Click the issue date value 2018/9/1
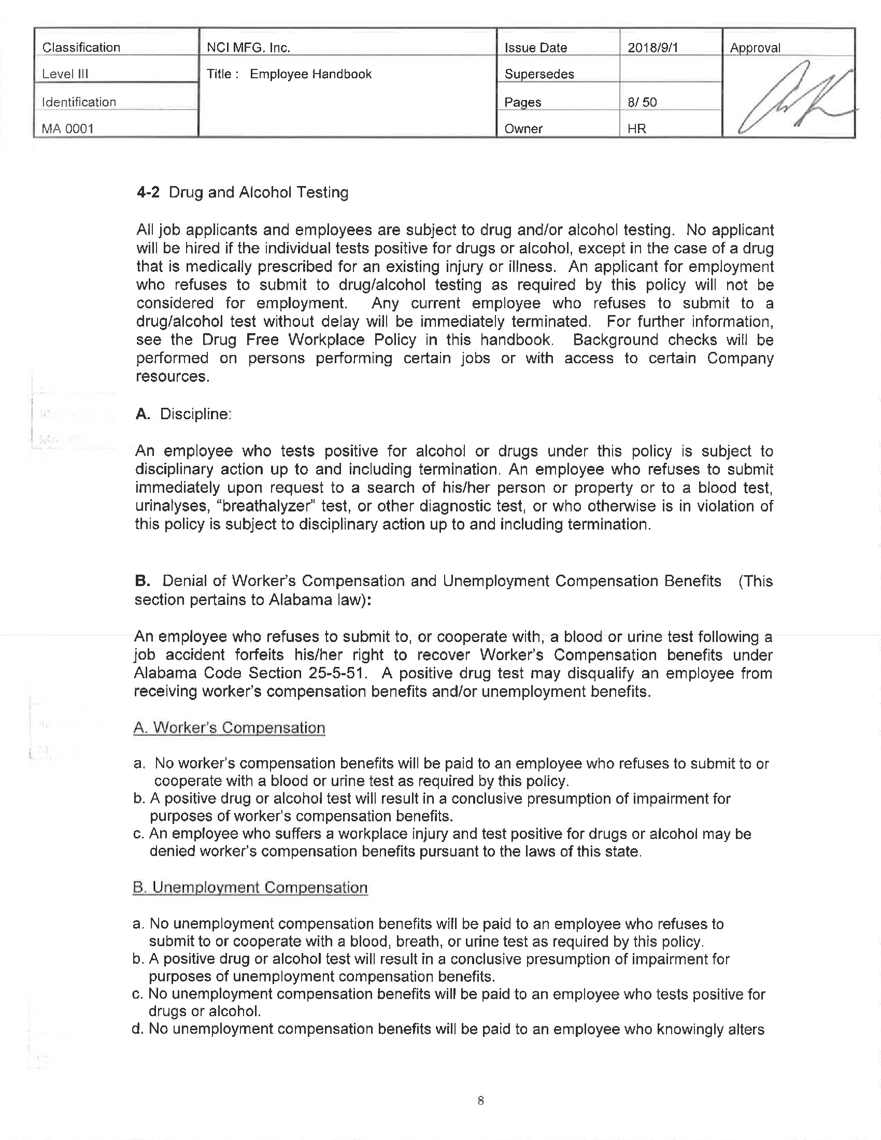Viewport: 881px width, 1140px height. pyautogui.click(x=652, y=48)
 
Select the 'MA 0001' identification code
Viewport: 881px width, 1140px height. pyautogui.click(x=67, y=129)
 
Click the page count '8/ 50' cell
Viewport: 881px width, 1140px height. pyautogui.click(x=642, y=102)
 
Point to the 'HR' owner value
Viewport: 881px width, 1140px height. pyautogui.click(x=637, y=129)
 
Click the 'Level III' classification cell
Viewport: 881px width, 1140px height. pyautogui.click(x=65, y=74)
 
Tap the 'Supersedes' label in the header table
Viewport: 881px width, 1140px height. pyautogui.click(x=539, y=74)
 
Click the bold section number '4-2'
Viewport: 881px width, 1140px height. pyautogui.click(x=148, y=193)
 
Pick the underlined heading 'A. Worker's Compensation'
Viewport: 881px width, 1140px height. pyautogui.click(x=229, y=728)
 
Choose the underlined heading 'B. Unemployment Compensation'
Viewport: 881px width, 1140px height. pyautogui.click(x=250, y=887)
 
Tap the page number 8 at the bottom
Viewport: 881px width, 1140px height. pyautogui.click(x=480, y=1101)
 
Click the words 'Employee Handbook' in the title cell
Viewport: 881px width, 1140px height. pyautogui.click(x=310, y=74)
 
